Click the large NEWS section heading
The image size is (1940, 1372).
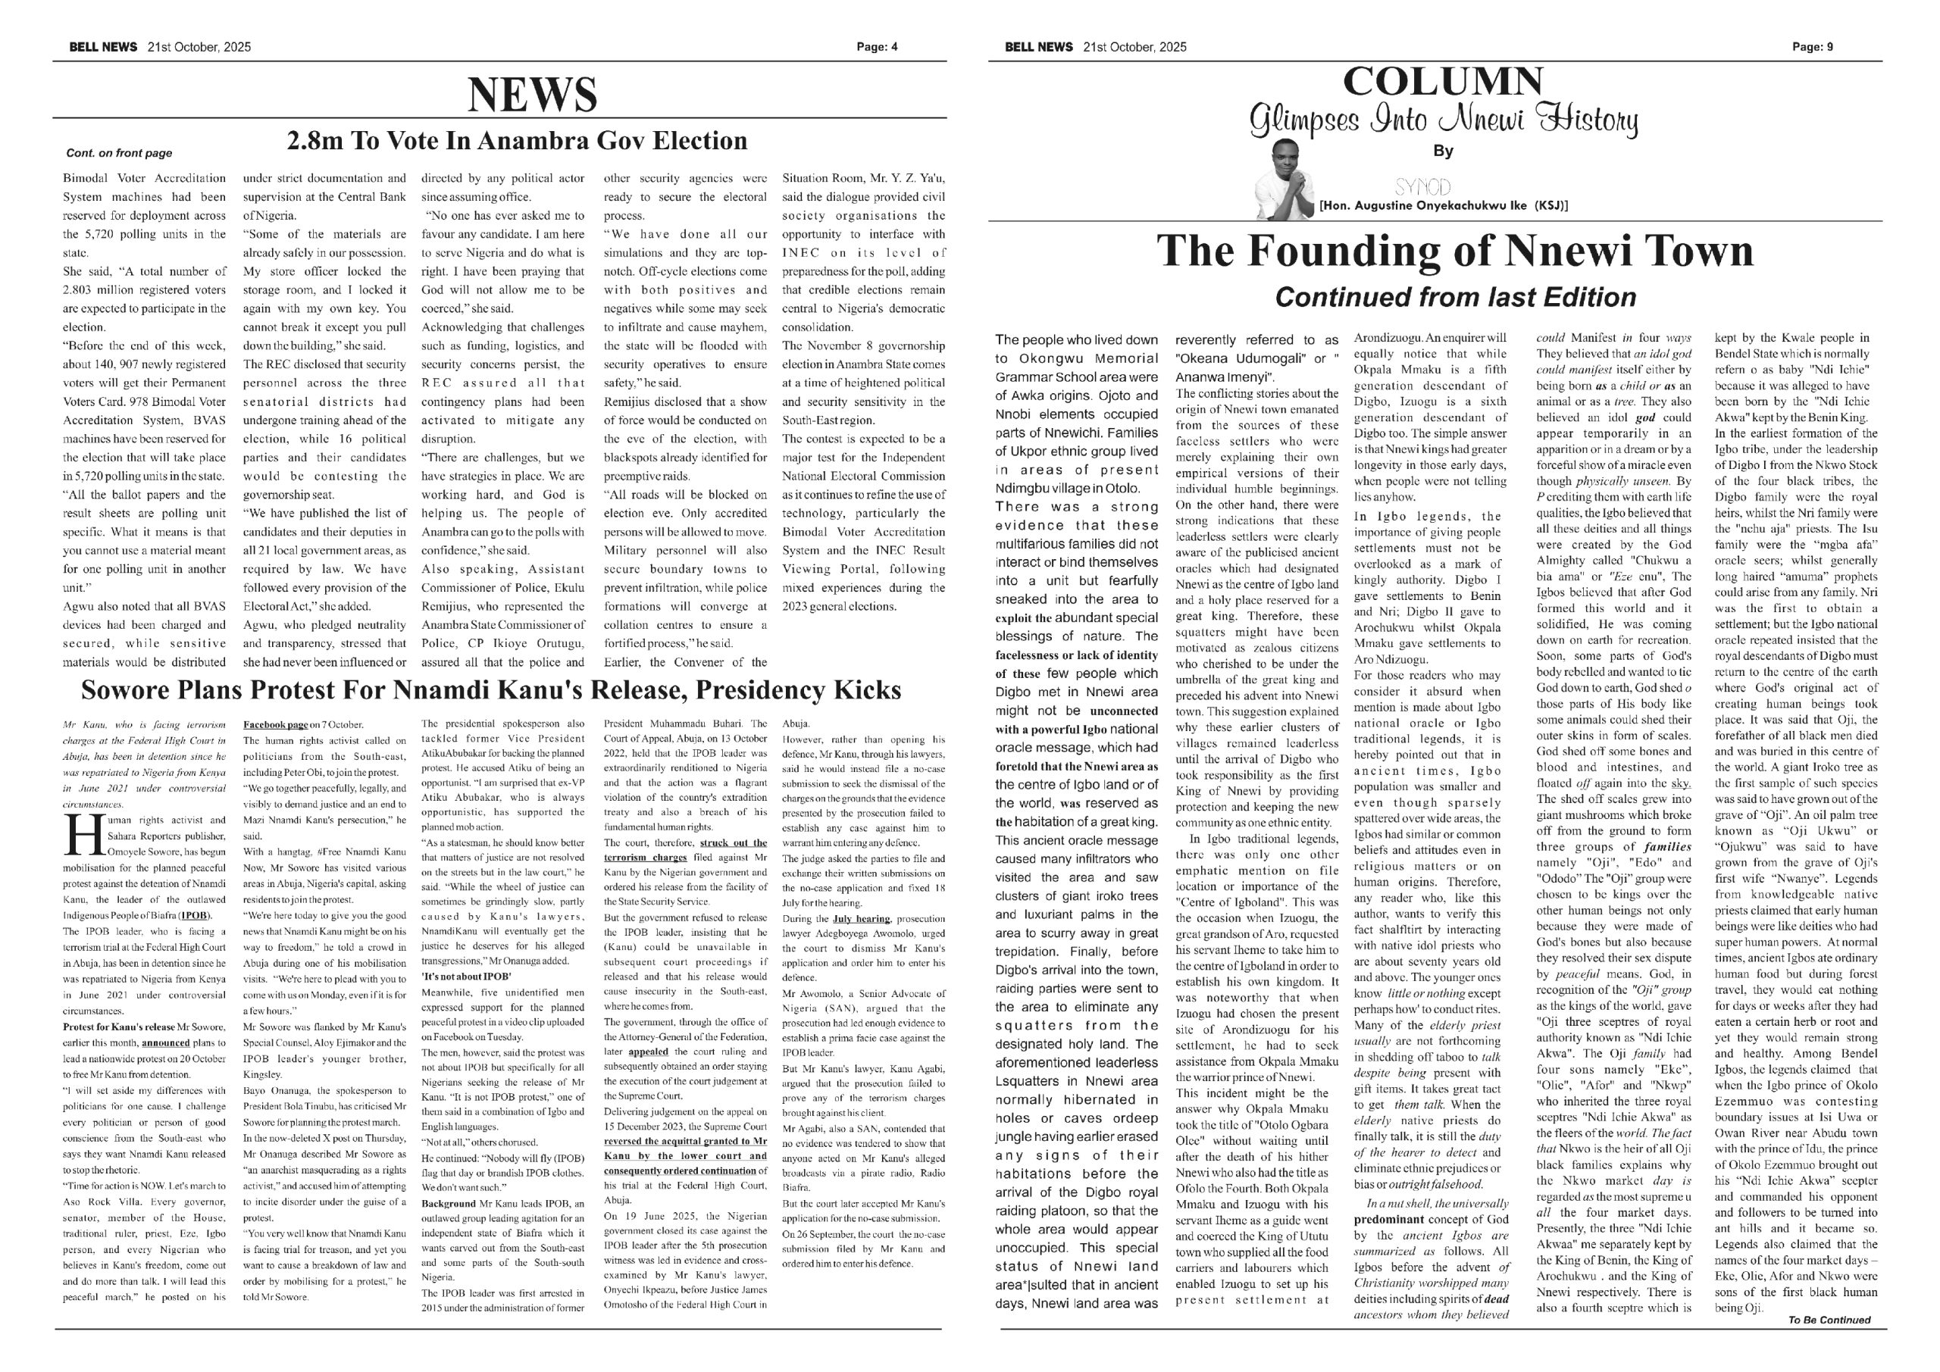[x=532, y=94]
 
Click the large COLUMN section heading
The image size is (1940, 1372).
[x=1442, y=82]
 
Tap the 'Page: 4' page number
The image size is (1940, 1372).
[x=877, y=47]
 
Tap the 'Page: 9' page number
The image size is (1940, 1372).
[x=1813, y=47]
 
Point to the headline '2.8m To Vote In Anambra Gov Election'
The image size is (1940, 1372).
[x=517, y=141]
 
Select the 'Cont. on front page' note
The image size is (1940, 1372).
[x=119, y=153]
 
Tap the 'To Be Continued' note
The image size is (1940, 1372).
[x=1829, y=1320]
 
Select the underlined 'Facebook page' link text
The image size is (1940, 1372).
[x=274, y=725]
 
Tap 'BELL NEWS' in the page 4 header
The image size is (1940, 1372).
[x=103, y=47]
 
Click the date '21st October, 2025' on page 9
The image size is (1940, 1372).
[x=1134, y=47]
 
